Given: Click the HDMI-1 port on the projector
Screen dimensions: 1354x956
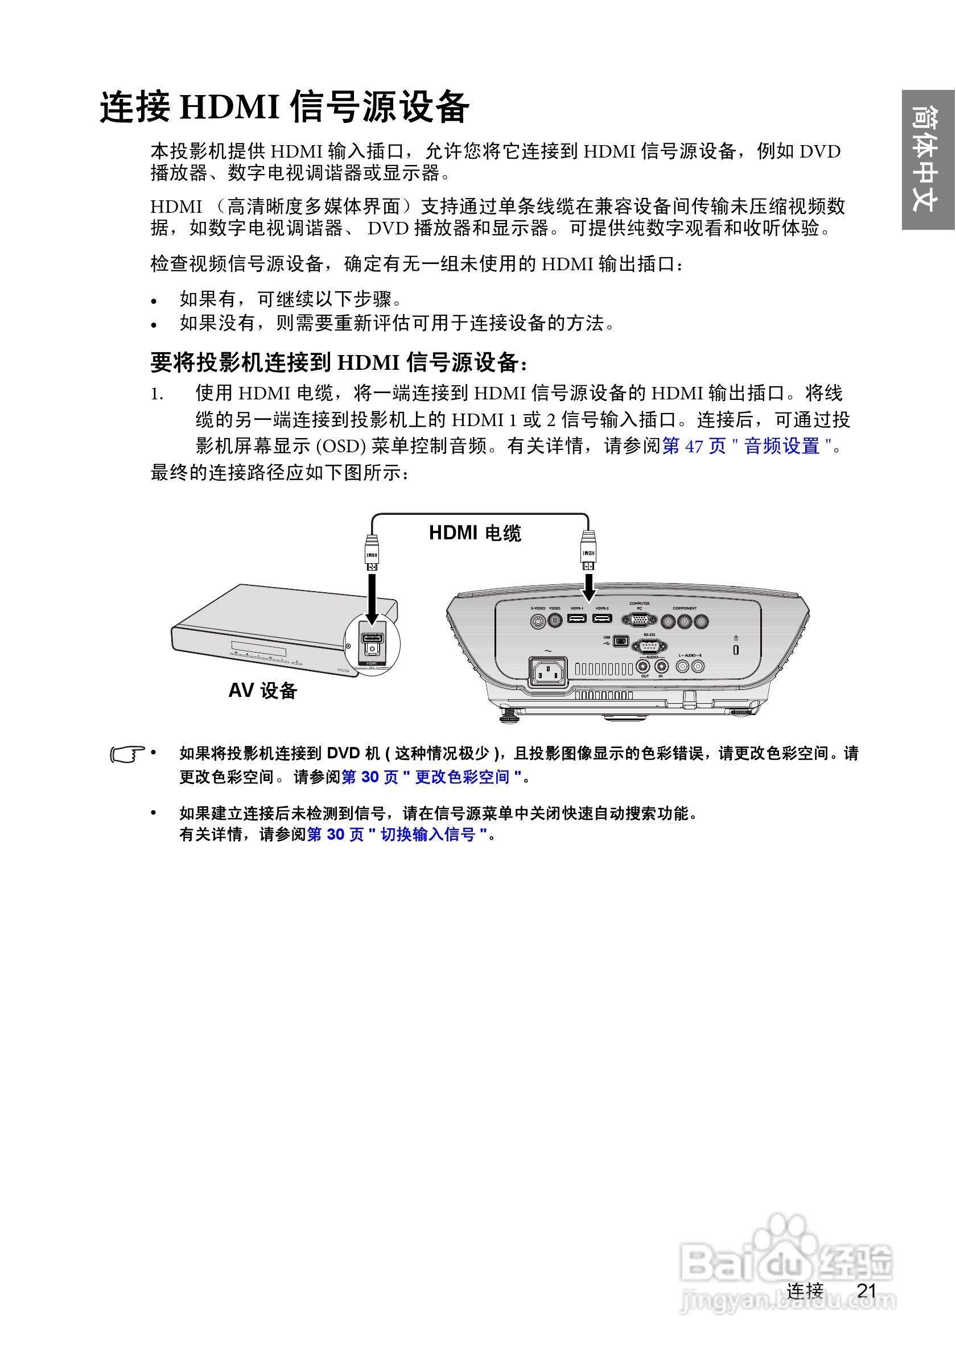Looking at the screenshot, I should pos(577,618).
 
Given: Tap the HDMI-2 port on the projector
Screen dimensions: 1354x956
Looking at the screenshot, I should pos(602,618).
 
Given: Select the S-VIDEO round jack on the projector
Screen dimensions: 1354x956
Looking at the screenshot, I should pos(537,621).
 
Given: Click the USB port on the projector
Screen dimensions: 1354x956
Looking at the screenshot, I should pos(620,641).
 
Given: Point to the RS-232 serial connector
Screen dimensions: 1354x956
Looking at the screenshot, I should pos(649,646).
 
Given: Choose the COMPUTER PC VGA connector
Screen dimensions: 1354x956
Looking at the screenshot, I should pos(639,620).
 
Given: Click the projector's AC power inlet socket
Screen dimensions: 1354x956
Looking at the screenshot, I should pos(549,672).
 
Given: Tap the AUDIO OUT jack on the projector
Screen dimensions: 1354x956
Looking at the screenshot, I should pos(644,667).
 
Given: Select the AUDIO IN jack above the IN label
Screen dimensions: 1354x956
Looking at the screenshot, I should pos(661,667).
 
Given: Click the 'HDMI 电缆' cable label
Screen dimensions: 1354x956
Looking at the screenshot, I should pos(475,533).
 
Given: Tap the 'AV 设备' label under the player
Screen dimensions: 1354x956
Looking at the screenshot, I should pos(262,691).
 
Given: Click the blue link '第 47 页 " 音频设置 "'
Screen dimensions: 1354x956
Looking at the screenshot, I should pos(747,446).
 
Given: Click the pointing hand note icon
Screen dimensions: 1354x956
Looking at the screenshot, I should pos(127,754).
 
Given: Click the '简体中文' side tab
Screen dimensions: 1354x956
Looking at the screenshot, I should pos(927,159).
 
